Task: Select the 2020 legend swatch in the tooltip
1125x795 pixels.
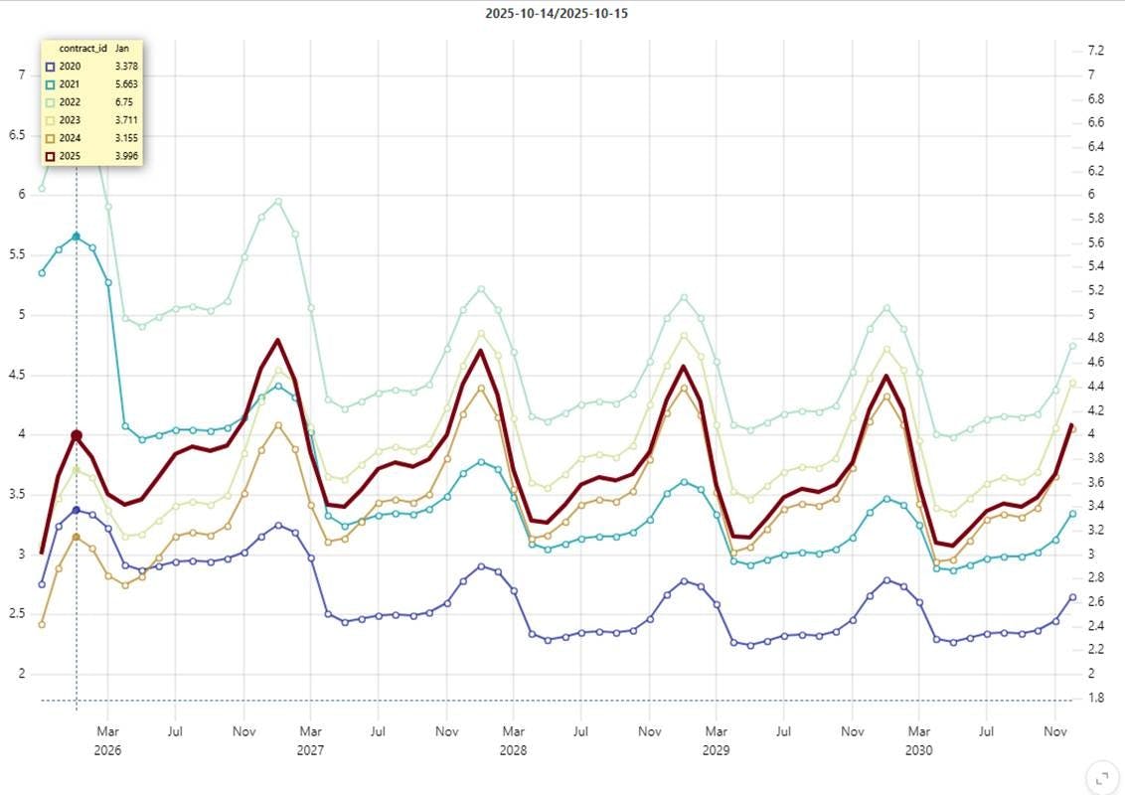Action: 50,67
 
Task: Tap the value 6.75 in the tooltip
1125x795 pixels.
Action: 124,102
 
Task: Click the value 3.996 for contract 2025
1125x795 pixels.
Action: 126,157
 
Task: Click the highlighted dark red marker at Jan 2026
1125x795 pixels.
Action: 77,435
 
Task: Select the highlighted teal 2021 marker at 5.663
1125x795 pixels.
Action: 77,237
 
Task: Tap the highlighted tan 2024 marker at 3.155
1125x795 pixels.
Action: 77,537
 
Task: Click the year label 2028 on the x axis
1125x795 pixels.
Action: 513,750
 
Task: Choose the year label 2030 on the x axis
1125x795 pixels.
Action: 919,750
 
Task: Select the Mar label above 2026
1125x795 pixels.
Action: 107,732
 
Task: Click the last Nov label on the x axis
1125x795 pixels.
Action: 1055,732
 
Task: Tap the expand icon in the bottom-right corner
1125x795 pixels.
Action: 1099,776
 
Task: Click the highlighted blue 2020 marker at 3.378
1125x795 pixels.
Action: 77,510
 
